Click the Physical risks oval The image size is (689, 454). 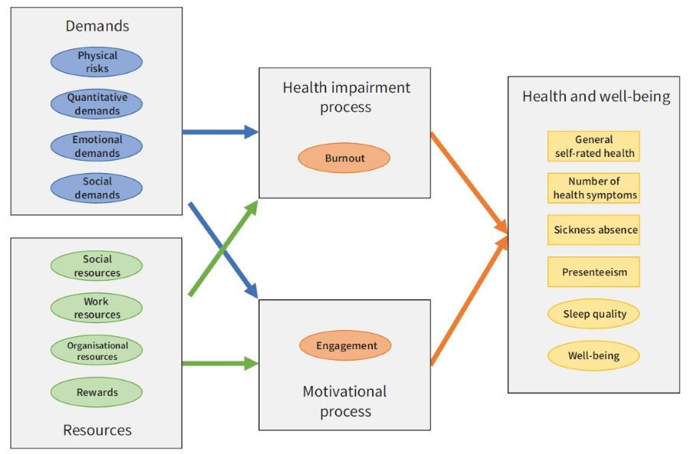click(96, 62)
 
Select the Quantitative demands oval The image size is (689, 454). click(96, 104)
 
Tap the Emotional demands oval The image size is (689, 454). click(96, 146)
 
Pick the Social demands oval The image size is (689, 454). click(96, 188)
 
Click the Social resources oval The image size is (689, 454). click(96, 266)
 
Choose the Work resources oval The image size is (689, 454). click(96, 308)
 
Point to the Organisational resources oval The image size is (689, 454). click(96, 351)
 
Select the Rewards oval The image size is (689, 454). click(96, 392)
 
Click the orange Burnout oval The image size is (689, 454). click(344, 158)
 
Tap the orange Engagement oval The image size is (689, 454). click(345, 345)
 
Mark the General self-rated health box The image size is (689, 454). click(594, 146)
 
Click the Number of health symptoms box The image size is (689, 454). click(594, 188)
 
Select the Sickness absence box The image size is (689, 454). click(594, 230)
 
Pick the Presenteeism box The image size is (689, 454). click(594, 272)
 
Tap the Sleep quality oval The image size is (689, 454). click(594, 314)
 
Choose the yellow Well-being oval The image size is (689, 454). click(594, 356)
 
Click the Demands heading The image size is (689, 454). click(97, 26)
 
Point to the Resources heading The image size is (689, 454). click(97, 430)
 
